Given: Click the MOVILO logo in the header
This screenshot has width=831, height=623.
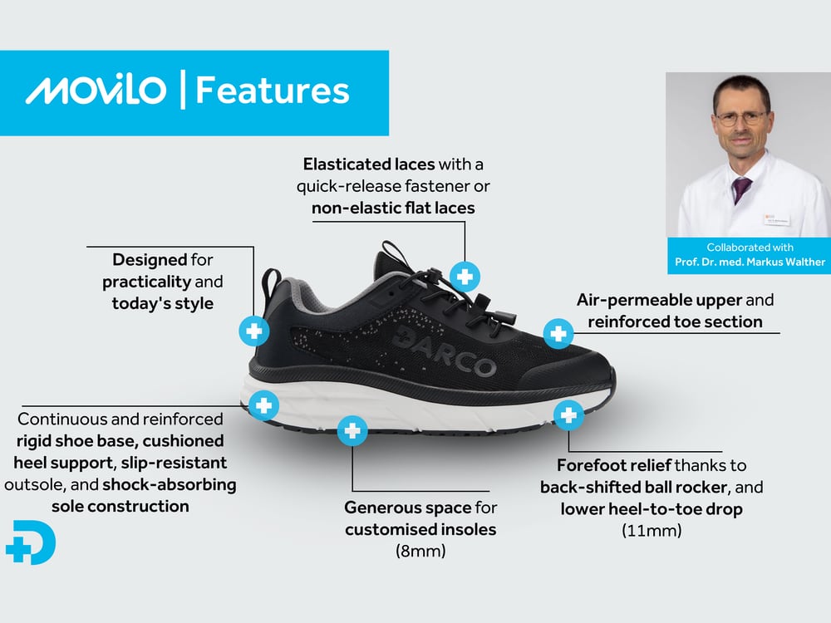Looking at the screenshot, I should click(x=96, y=91).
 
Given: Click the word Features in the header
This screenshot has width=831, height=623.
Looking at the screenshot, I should click(x=272, y=91).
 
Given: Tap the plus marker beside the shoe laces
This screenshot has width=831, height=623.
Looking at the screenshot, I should click(x=465, y=276).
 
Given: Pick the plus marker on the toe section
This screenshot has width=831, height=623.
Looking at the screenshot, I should click(x=558, y=334).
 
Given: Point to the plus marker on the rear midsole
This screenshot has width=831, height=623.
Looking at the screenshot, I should click(x=263, y=406).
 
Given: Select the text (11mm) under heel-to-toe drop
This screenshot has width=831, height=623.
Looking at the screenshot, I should click(x=652, y=528).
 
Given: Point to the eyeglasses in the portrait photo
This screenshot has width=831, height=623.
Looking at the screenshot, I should click(x=738, y=119).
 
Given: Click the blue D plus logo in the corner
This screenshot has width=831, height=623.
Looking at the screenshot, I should click(x=31, y=544).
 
